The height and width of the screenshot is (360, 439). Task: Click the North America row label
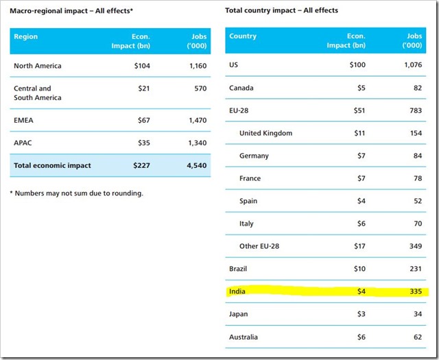click(x=38, y=66)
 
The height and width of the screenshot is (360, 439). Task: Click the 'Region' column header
click(x=26, y=36)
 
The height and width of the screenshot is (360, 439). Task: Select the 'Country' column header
click(x=243, y=36)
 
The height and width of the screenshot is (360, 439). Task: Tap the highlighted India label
click(x=237, y=291)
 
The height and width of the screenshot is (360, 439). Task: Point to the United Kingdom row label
click(x=266, y=133)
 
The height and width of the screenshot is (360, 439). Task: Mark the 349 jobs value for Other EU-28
click(x=413, y=246)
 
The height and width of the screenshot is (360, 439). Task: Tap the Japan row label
click(x=239, y=314)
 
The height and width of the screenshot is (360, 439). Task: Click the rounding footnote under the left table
click(x=77, y=193)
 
